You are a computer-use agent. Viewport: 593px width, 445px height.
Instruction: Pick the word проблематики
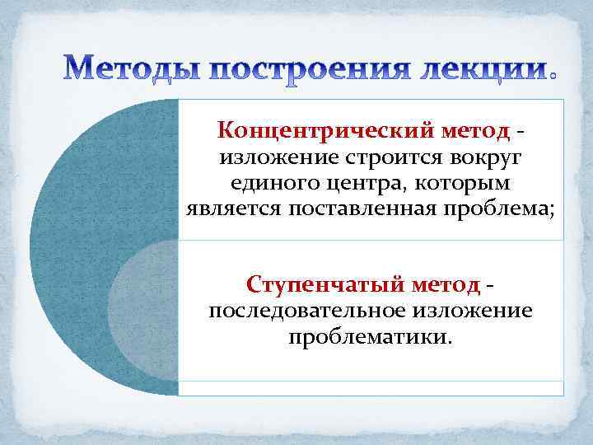[370, 336]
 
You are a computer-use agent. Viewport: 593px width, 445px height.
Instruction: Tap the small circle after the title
[552, 74]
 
